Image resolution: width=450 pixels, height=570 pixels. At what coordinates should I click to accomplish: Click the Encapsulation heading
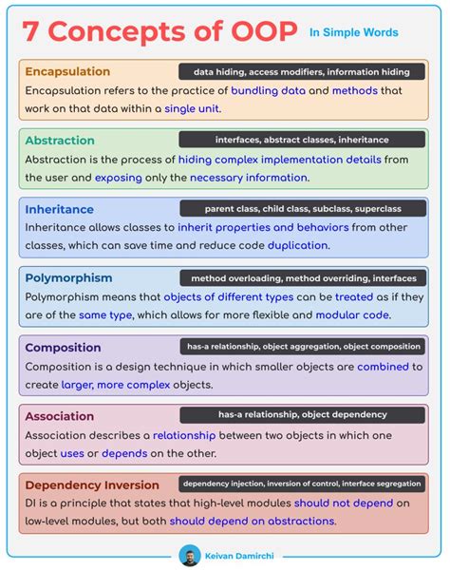pyautogui.click(x=67, y=72)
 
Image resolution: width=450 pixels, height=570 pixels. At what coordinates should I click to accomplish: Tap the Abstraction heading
pyautogui.click(x=60, y=141)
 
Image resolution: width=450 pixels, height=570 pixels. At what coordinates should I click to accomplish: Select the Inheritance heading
pyautogui.click(x=59, y=209)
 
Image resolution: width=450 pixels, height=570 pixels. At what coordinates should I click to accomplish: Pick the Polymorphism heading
pyautogui.click(x=68, y=278)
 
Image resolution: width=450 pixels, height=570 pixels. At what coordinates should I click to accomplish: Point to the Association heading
pyautogui.click(x=59, y=415)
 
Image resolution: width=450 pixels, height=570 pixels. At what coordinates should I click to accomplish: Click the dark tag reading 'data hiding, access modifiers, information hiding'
pyautogui.click(x=301, y=71)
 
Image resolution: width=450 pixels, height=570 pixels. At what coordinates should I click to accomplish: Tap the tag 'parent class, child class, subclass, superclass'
pyautogui.click(x=303, y=208)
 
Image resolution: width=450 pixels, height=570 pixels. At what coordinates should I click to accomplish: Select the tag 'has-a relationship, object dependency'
pyautogui.click(x=303, y=414)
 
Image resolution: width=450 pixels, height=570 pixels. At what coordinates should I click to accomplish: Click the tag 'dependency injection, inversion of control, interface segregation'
pyautogui.click(x=303, y=484)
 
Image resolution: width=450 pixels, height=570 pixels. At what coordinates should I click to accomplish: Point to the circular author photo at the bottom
pyautogui.click(x=190, y=552)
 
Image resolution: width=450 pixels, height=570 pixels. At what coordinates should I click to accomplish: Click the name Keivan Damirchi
pyautogui.click(x=237, y=552)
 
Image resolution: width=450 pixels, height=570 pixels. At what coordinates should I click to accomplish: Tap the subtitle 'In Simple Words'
pyautogui.click(x=353, y=32)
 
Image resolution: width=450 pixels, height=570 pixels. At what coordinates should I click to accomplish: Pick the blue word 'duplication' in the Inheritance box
pyautogui.click(x=297, y=245)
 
